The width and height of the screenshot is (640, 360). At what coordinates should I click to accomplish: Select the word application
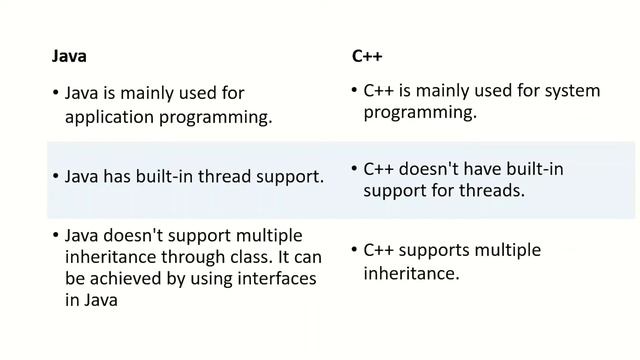110,117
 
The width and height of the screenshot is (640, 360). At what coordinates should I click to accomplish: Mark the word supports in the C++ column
435,248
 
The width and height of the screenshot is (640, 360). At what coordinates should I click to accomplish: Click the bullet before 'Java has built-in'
54,177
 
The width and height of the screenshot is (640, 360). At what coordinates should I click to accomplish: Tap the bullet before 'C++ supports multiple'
355,248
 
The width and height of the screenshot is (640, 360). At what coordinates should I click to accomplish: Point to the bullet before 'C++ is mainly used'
355,91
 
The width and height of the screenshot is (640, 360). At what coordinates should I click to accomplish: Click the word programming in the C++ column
418,113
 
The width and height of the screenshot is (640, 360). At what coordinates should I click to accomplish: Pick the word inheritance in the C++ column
411,271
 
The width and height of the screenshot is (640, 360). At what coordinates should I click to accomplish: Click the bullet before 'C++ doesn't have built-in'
355,169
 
